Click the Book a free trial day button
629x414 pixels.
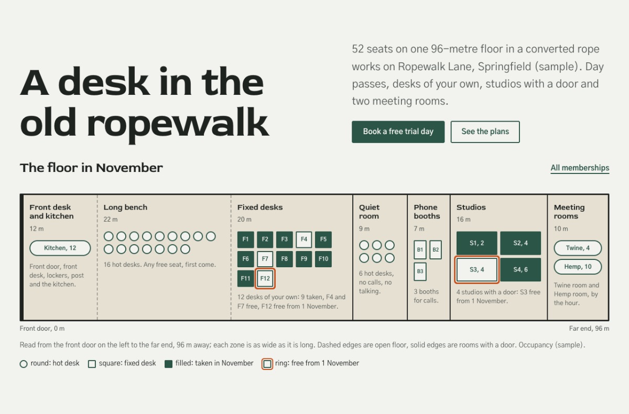click(398, 132)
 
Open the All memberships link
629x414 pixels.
click(580, 168)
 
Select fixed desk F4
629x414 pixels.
click(304, 239)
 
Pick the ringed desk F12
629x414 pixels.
click(265, 278)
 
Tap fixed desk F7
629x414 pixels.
click(265, 259)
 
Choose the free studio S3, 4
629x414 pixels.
click(477, 269)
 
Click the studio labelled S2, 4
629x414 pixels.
click(520, 243)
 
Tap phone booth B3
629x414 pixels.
click(420, 271)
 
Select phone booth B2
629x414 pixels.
click(436, 249)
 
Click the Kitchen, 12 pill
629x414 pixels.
click(60, 248)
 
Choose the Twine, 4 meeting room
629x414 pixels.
click(578, 248)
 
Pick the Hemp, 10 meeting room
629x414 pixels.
click(578, 267)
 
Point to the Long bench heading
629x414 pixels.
click(125, 208)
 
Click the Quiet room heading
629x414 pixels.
click(369, 212)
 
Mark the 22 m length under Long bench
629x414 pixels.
click(111, 220)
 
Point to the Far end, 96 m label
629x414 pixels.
click(589, 329)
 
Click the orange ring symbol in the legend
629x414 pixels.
click(267, 364)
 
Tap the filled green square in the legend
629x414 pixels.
click(168, 364)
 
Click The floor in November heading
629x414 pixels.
click(91, 168)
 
